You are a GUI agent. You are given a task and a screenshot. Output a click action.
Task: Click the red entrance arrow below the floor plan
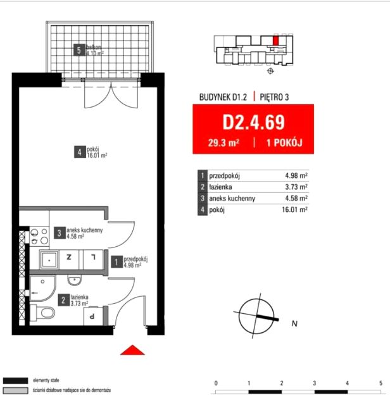coord(132,350)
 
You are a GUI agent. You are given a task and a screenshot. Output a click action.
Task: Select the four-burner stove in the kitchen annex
coord(39,236)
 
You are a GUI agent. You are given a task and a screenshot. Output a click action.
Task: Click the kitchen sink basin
coord(49,259)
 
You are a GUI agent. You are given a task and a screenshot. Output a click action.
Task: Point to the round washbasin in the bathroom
coord(75,280)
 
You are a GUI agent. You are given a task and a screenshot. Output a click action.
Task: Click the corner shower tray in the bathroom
coord(42,289)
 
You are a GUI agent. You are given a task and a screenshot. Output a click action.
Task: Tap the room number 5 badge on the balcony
coord(79,50)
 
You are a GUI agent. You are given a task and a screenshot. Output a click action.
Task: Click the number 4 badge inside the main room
coord(80,152)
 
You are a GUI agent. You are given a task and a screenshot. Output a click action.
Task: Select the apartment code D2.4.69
coord(253,122)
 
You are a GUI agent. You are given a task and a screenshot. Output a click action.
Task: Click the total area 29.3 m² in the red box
coord(223,143)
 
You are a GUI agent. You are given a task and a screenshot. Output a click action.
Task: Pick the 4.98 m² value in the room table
coord(296,176)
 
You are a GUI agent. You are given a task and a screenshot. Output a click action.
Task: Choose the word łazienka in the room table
coord(220,187)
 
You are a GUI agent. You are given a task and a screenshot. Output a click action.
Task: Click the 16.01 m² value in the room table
coord(294,209)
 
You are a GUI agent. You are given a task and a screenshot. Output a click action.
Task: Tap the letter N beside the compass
coord(294,323)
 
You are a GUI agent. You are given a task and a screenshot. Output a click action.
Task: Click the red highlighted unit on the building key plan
coord(276,40)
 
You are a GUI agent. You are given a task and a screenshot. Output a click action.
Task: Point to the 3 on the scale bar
coord(315,383)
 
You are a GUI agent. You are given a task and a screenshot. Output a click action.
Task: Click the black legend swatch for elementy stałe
coord(15,381)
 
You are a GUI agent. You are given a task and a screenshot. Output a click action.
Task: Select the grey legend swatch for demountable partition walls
coord(15,390)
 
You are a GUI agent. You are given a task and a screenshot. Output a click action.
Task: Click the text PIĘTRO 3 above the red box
coord(274,97)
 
